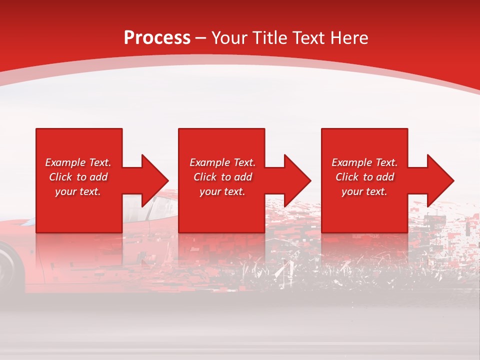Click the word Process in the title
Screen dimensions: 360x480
coord(157,38)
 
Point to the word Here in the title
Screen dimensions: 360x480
coord(348,38)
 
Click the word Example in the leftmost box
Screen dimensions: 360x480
coord(65,162)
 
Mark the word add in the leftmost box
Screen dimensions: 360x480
coord(98,177)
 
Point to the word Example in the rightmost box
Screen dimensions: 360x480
coord(351,162)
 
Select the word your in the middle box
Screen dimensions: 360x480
coord(210,191)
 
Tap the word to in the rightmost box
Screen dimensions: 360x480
coord(368,177)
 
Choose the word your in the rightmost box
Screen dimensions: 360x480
coord(352,191)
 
